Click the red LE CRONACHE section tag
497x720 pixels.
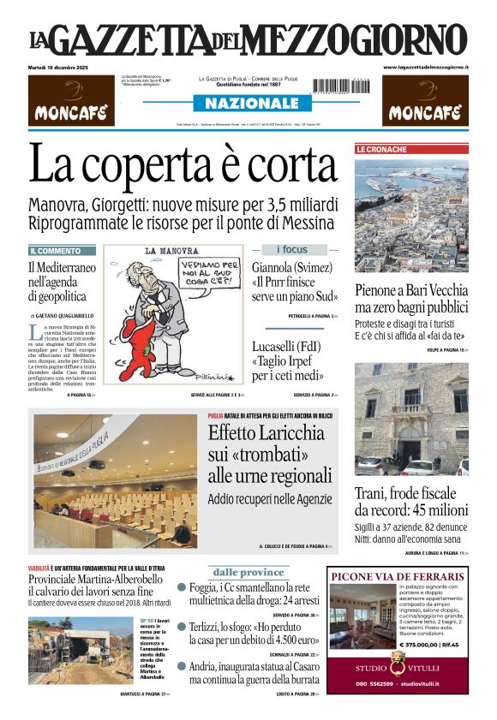(381, 149)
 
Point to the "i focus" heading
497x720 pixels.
(294, 249)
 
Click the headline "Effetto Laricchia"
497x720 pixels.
(269, 433)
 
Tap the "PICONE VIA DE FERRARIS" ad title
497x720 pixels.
(398, 576)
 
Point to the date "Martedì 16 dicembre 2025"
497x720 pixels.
(64, 67)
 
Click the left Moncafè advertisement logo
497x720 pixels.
(71, 101)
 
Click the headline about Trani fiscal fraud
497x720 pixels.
(411, 503)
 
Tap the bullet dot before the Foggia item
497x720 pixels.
(182, 587)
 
